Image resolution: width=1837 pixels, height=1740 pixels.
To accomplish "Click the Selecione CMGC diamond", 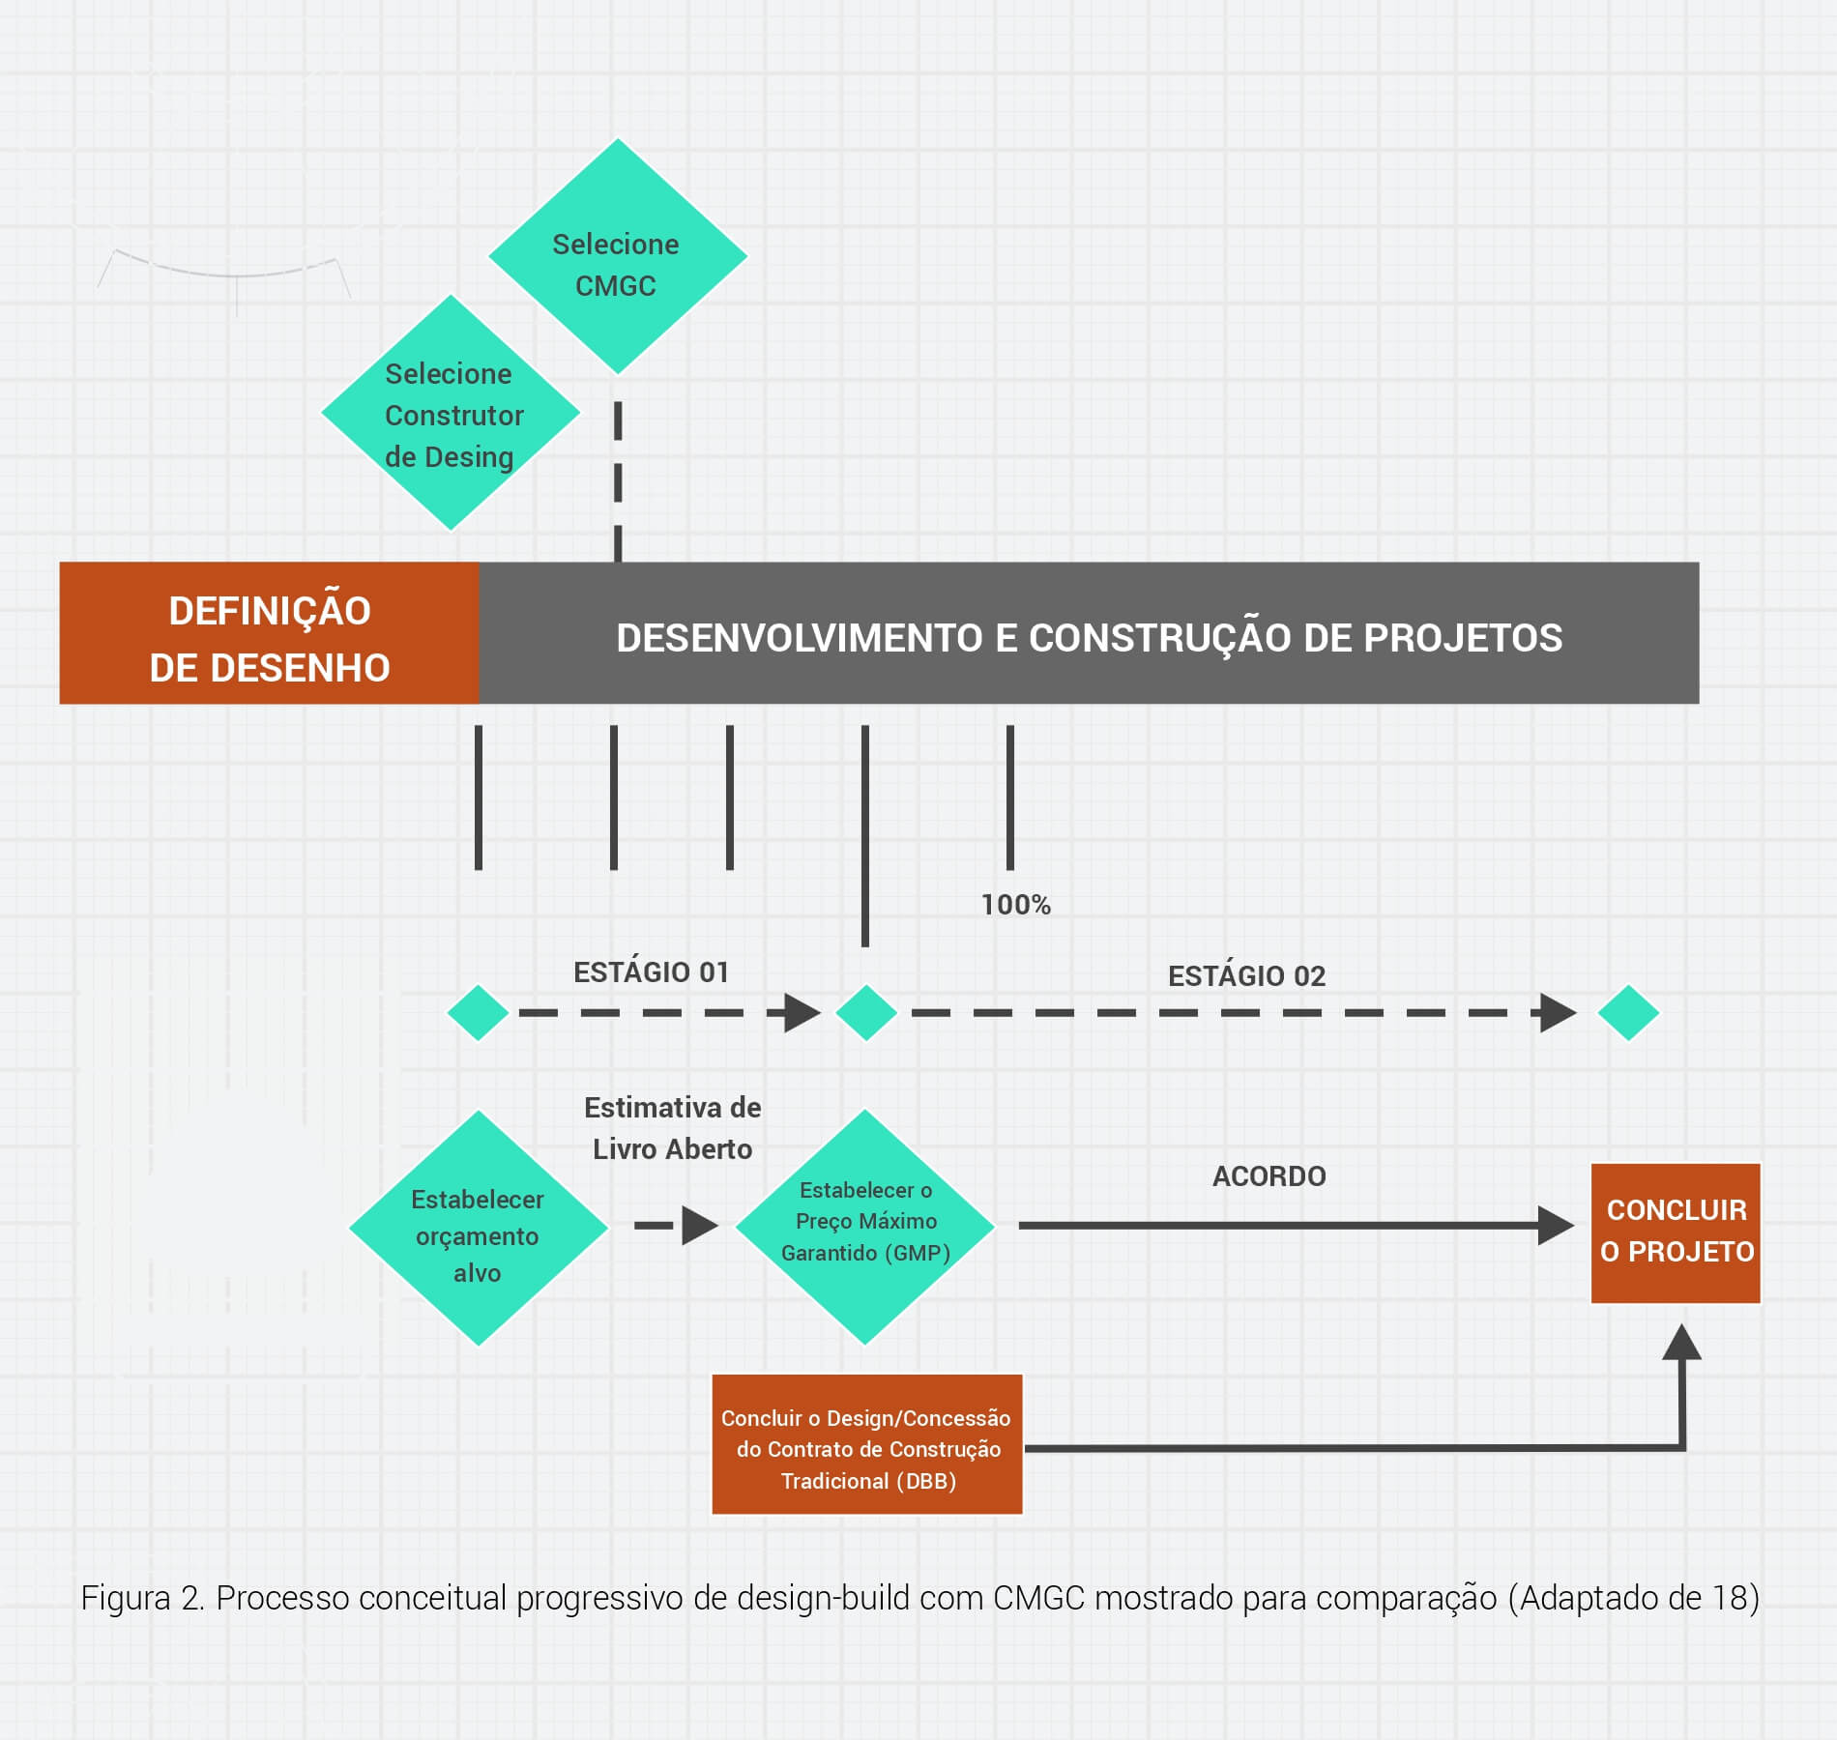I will tap(617, 257).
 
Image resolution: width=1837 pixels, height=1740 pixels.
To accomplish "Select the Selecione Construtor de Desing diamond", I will tap(451, 414).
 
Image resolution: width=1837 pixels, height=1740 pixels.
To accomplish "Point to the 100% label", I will tap(1015, 905).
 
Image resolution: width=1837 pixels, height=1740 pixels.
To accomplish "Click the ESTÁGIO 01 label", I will tap(651, 972).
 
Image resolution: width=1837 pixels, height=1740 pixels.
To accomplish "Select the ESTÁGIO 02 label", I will tap(1246, 976).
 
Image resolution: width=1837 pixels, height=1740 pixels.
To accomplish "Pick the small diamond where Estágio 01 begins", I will tap(478, 1013).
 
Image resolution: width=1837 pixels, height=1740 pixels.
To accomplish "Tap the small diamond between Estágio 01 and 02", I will tap(866, 1013).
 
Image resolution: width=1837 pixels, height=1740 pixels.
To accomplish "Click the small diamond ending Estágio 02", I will tap(1628, 1013).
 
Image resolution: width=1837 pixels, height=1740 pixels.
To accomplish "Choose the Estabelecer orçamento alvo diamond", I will tap(478, 1229).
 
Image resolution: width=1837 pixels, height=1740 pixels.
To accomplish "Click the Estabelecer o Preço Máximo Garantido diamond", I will tap(865, 1227).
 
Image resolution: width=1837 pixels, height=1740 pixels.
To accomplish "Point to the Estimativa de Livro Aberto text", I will tap(672, 1128).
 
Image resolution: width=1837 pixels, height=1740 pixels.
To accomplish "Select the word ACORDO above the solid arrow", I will tap(1268, 1176).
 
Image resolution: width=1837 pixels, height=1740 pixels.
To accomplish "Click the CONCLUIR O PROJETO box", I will tap(1676, 1233).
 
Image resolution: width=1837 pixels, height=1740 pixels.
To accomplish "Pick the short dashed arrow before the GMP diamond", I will tap(677, 1226).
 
